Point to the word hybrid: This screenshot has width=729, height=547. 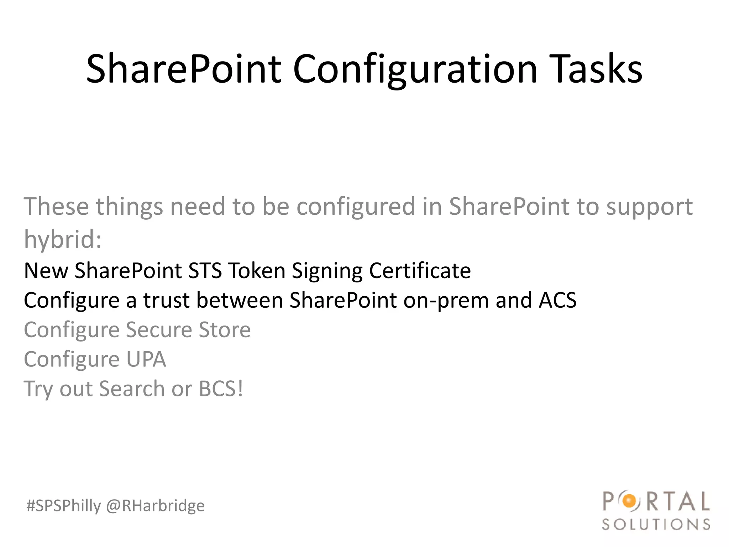63,239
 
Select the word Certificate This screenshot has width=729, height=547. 420,270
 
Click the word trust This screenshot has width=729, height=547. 166,300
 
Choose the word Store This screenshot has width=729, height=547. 225,329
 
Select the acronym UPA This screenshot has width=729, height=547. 146,359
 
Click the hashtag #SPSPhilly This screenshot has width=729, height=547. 64,506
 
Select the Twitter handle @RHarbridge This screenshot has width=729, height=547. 156,506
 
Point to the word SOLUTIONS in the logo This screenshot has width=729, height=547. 656,525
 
